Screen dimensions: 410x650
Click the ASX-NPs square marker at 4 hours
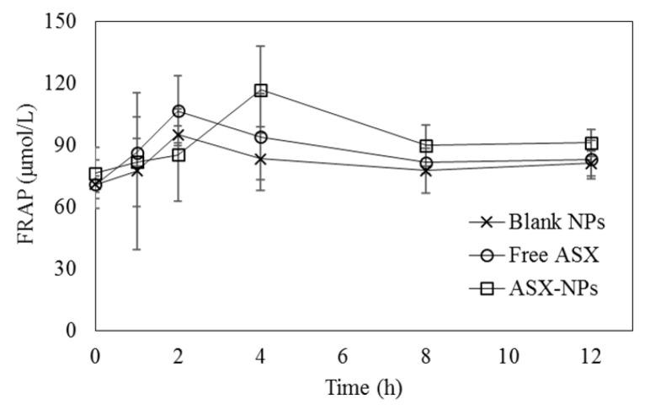[261, 90]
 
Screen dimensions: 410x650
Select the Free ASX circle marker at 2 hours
[178, 111]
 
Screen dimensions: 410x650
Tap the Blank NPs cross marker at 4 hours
[261, 159]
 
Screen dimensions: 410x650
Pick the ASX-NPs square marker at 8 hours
[426, 145]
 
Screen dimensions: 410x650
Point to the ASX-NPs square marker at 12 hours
[591, 143]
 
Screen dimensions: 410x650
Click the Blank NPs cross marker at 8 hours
[426, 170]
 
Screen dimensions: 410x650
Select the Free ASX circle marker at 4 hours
[261, 138]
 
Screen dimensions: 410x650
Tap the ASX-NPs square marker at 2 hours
[178, 154]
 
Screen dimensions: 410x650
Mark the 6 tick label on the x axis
[344, 357]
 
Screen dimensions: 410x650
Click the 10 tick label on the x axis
[509, 357]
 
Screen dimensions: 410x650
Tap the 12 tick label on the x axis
[591, 357]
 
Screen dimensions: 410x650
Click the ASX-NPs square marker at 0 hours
[96, 175]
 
